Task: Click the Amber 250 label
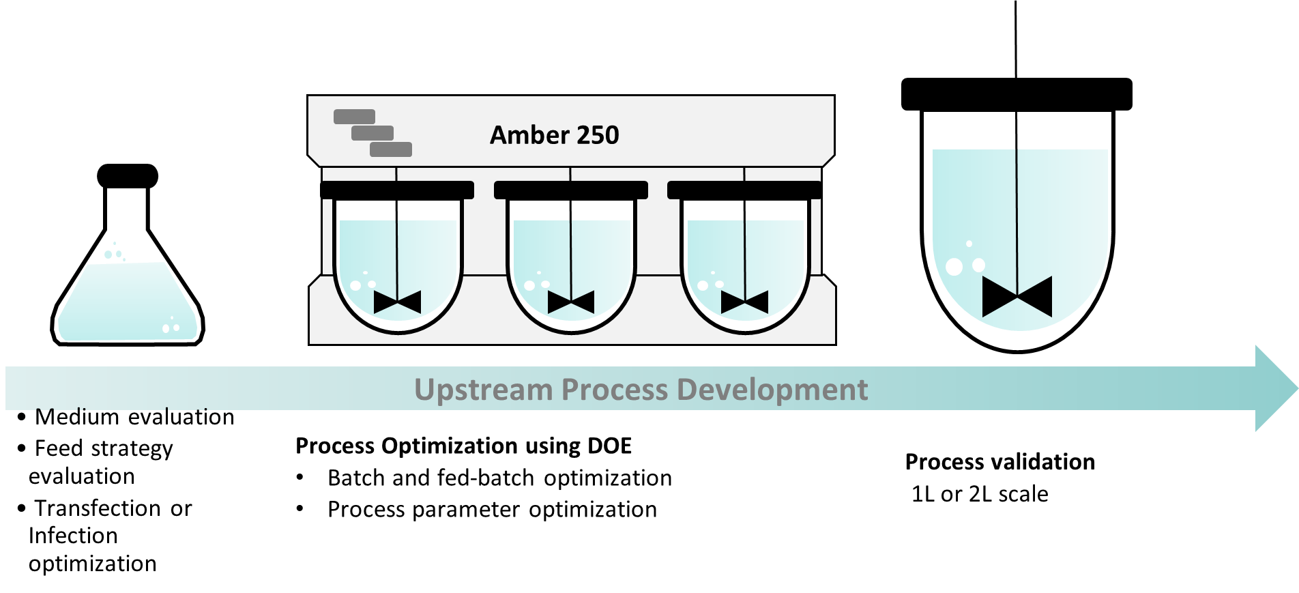click(x=554, y=135)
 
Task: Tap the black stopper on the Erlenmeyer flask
click(x=128, y=176)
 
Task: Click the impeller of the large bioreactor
click(x=1017, y=297)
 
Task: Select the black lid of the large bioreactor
click(x=1017, y=94)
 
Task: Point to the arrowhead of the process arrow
click(x=1274, y=388)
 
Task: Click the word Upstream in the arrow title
click(x=483, y=390)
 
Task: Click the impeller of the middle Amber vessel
click(x=571, y=301)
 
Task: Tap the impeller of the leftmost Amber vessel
click(x=397, y=301)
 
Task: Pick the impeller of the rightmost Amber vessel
click(x=744, y=301)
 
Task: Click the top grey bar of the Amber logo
click(x=354, y=117)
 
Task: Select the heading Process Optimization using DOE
click(x=463, y=446)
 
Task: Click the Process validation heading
click(x=999, y=462)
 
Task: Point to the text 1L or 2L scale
click(x=980, y=494)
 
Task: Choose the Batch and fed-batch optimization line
click(x=499, y=478)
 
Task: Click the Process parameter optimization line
click(x=492, y=510)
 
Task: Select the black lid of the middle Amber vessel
click(x=570, y=190)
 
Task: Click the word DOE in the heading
click(x=609, y=446)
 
